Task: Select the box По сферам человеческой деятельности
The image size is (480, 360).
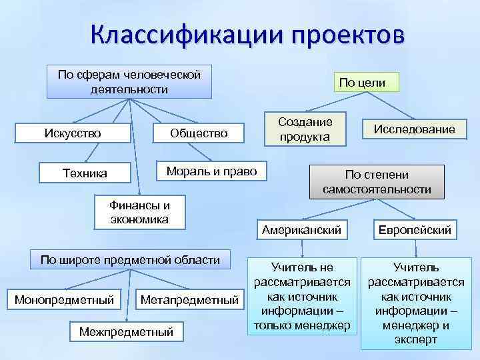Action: click(129, 81)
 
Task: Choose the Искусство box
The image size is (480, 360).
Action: click(73, 133)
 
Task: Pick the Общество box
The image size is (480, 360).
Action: click(199, 133)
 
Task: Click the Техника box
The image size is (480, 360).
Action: click(85, 173)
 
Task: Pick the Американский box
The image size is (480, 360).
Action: click(302, 229)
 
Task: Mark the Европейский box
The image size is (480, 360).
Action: click(415, 230)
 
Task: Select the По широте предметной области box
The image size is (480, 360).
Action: click(131, 259)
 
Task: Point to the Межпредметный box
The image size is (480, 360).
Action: click(126, 331)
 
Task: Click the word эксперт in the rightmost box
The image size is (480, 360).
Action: click(415, 339)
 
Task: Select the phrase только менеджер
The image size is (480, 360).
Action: click(302, 325)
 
